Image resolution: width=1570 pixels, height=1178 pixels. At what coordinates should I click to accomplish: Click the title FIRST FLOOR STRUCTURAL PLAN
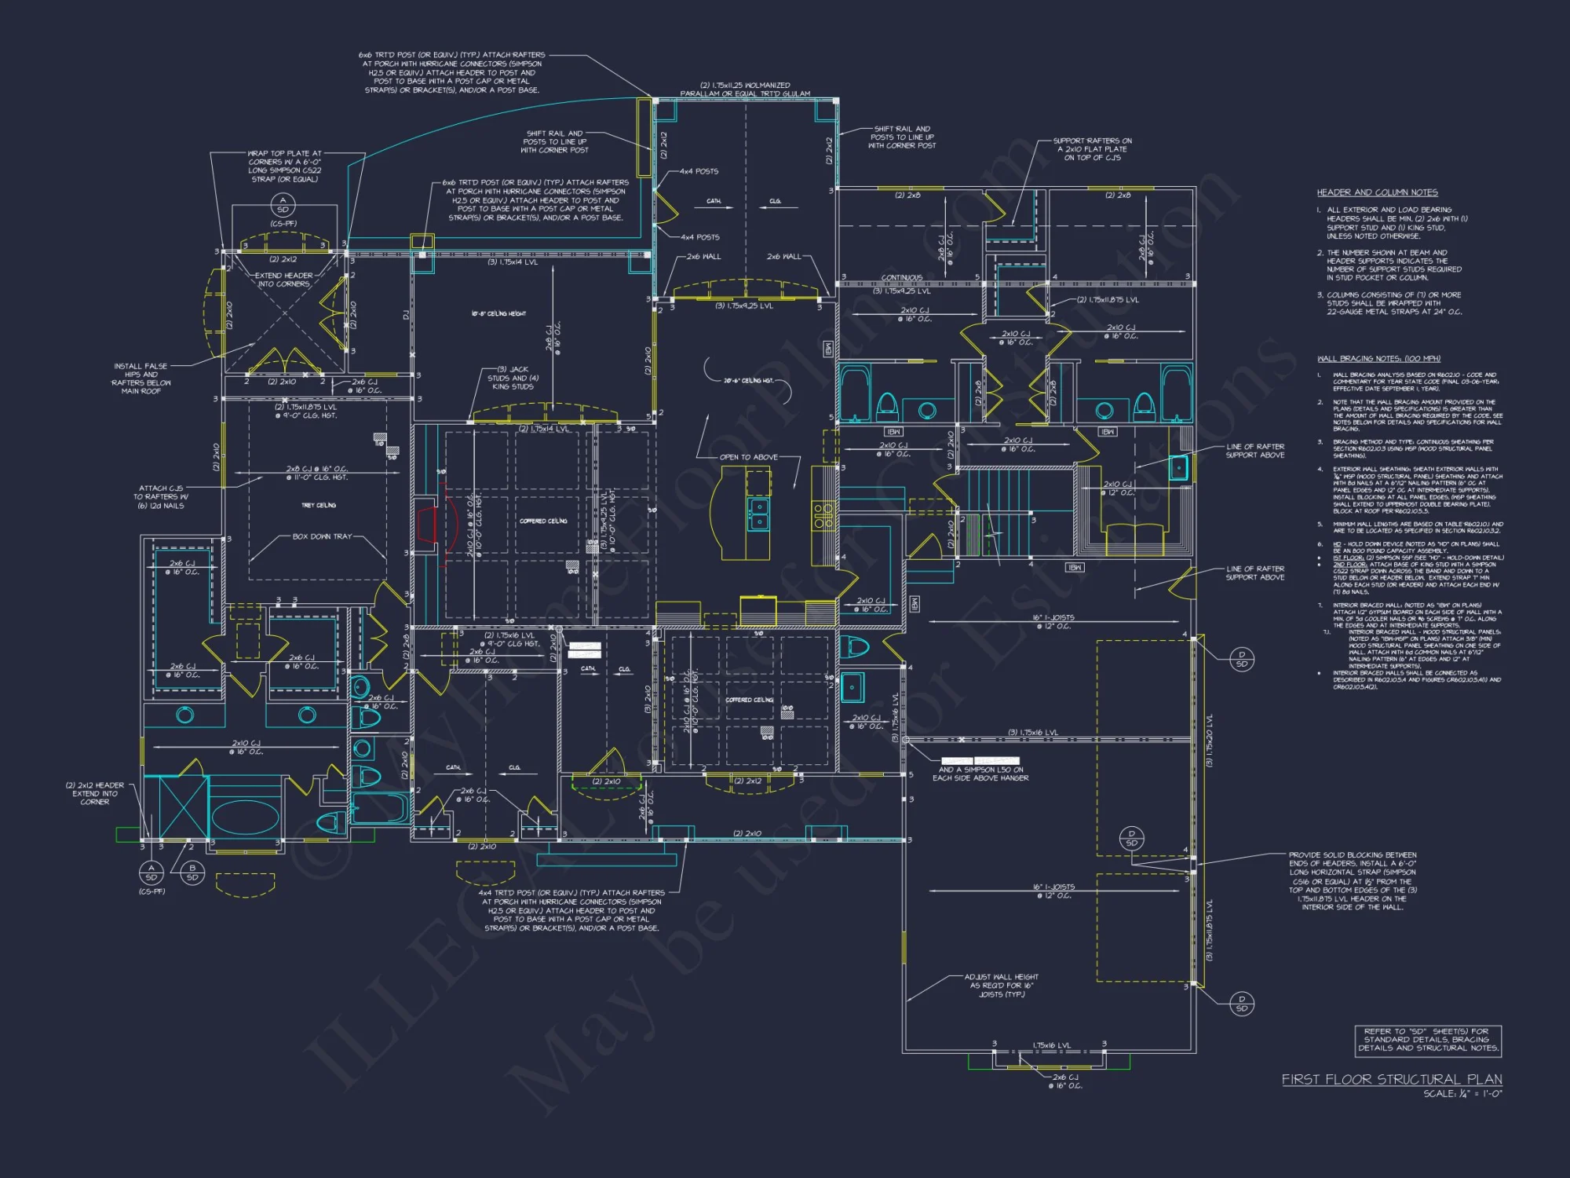tap(1392, 1080)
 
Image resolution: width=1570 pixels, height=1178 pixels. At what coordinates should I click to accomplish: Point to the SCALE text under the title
tap(1462, 1094)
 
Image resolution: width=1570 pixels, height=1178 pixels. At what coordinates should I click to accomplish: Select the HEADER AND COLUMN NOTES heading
tap(1377, 192)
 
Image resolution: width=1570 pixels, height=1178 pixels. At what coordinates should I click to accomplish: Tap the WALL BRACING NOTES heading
tap(1378, 359)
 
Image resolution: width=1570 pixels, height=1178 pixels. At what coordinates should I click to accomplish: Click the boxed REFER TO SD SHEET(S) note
tap(1428, 1040)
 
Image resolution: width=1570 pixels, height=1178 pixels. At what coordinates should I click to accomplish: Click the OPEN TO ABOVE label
tap(748, 457)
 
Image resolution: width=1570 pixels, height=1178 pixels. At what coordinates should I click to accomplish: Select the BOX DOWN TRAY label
tap(322, 536)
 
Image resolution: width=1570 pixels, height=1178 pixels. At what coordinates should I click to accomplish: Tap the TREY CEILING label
tap(319, 505)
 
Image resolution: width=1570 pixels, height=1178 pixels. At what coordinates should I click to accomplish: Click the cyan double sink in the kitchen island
tap(758, 514)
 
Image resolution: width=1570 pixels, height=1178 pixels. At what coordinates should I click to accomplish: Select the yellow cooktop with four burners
tap(823, 515)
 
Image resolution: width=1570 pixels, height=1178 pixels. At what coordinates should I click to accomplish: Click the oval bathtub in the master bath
tap(245, 818)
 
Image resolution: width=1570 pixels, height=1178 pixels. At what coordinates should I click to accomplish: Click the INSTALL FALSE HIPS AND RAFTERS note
tap(141, 378)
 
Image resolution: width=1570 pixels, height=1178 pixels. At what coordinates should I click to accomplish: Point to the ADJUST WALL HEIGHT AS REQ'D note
tap(1001, 986)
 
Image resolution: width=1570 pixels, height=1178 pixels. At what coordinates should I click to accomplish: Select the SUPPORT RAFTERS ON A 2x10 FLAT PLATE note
tap(1092, 149)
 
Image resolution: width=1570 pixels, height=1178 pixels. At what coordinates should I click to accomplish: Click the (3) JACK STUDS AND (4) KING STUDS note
tap(513, 378)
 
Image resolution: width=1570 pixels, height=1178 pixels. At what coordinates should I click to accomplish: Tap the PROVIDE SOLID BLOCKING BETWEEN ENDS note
tap(1352, 880)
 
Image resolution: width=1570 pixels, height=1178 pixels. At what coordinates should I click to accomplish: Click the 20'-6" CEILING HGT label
tap(748, 380)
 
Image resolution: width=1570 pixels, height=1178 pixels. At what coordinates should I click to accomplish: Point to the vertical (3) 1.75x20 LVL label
tap(1210, 740)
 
